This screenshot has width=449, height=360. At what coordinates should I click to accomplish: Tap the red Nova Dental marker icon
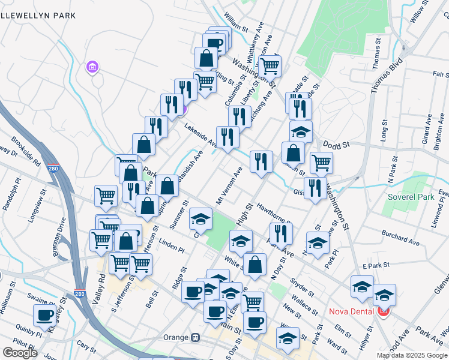coord(383,311)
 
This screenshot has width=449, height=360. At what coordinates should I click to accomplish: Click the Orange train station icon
coord(195,337)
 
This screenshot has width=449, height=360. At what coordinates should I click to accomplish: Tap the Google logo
coord(20,353)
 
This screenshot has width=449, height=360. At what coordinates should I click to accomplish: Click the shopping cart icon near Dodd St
coord(321,162)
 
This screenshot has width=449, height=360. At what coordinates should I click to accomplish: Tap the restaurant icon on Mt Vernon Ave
coord(261,161)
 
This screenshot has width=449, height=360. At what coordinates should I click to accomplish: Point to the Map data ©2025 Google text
coord(412,355)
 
